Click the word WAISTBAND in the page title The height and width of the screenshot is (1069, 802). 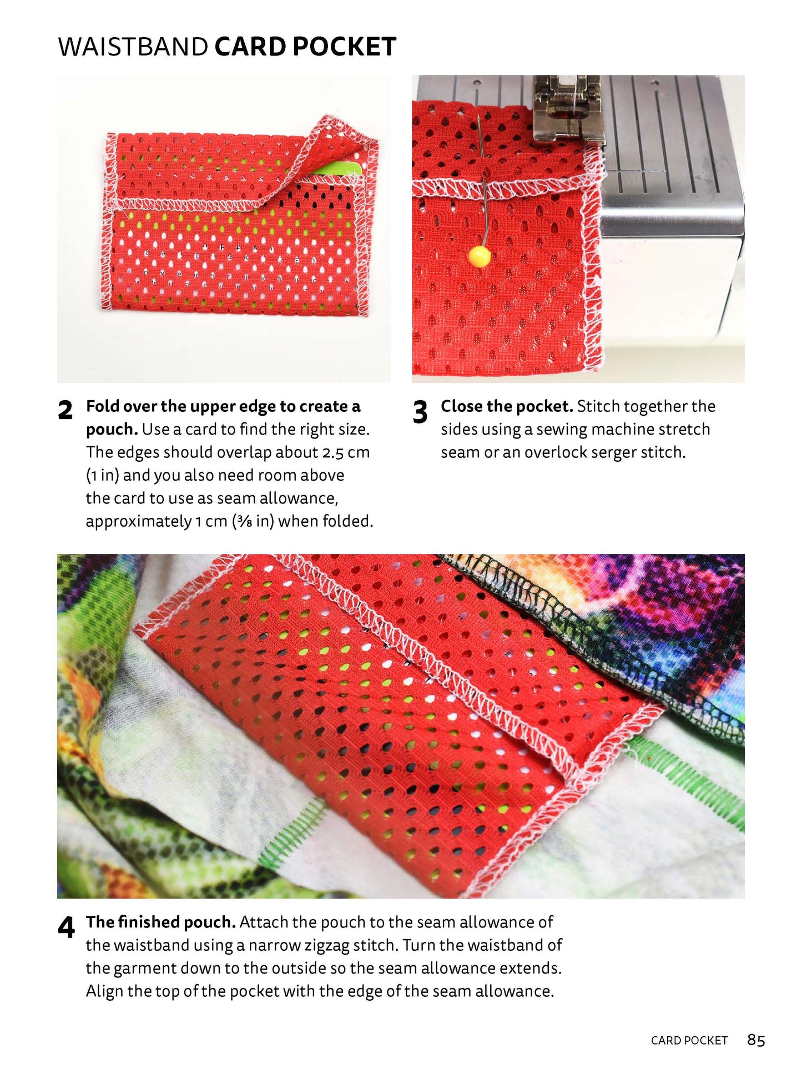[x=133, y=47]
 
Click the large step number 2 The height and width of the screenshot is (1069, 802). [x=65, y=410]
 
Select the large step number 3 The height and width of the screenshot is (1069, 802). [x=420, y=412]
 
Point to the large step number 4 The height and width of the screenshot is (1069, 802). [x=66, y=927]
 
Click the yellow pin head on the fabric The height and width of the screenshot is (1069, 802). [x=480, y=256]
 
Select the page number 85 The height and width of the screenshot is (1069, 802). [x=756, y=1024]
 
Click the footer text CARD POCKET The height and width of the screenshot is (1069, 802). [x=689, y=1025]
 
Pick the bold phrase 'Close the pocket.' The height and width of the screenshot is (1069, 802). [x=507, y=406]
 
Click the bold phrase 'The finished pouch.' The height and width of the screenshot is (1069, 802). [x=161, y=922]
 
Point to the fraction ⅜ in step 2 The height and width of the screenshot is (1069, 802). [x=244, y=522]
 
